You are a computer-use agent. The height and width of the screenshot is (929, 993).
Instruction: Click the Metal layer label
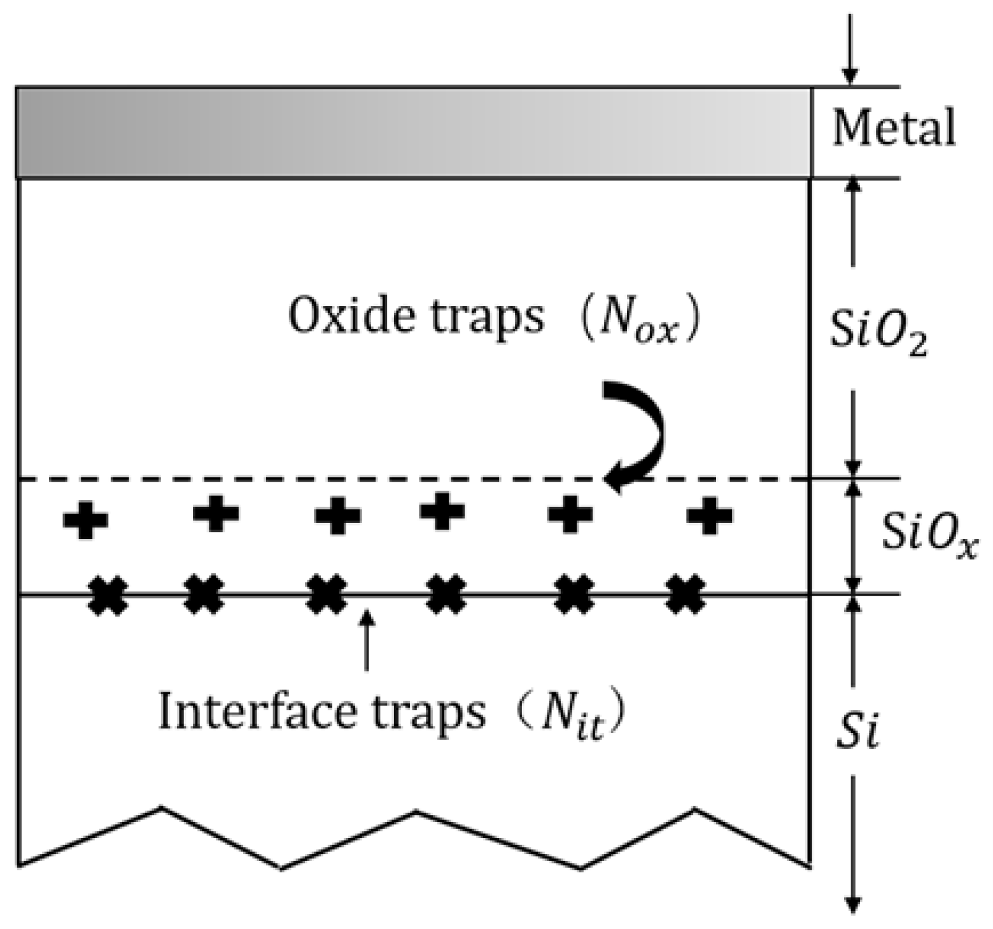coord(894,128)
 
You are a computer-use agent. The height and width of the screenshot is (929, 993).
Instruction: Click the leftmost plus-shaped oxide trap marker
coord(85,520)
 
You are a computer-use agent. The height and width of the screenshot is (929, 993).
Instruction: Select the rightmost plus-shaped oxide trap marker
coord(709,515)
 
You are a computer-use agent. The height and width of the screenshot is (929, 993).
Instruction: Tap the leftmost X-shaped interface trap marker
coord(108,596)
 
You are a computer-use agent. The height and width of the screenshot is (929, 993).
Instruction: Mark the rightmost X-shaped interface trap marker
coord(686,594)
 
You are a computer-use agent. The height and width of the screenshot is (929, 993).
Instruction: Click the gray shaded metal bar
coord(414,132)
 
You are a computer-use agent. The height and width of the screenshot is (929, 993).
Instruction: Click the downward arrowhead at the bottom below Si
coord(853,904)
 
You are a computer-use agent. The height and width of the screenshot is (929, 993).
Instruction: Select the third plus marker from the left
coord(338,515)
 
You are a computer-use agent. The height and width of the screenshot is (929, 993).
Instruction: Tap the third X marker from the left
coord(327,594)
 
